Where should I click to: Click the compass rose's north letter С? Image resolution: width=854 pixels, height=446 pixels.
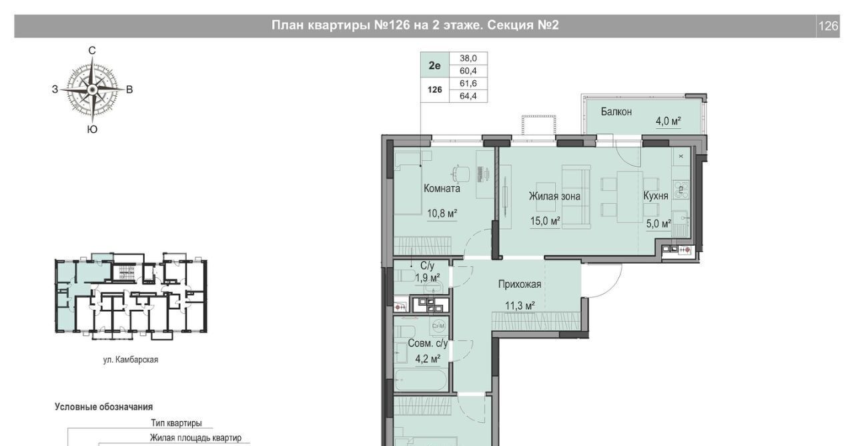(x=92, y=50)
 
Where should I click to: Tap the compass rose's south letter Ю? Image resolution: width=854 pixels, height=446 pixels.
(x=92, y=130)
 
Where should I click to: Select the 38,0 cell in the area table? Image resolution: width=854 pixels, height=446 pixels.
(x=468, y=58)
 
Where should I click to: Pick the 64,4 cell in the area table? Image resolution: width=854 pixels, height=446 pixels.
(x=468, y=96)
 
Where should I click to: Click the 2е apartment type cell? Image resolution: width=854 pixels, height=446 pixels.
(x=434, y=65)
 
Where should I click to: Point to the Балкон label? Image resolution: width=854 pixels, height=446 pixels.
(x=616, y=111)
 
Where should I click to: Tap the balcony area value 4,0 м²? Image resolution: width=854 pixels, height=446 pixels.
(x=669, y=122)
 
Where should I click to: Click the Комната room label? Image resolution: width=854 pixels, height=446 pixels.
(x=442, y=188)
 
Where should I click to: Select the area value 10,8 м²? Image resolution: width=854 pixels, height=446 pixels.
(x=442, y=213)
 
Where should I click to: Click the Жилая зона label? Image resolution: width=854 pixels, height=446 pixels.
(x=554, y=196)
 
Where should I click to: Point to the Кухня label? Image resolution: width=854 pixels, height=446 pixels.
(x=656, y=196)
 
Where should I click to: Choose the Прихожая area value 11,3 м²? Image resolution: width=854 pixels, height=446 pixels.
(x=520, y=306)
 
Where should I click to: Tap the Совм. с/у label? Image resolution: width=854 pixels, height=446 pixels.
(x=428, y=343)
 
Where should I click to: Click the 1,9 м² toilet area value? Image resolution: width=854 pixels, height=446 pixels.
(x=428, y=278)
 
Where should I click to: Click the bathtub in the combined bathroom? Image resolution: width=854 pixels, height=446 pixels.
(x=421, y=380)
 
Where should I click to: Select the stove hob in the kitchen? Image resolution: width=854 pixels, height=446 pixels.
(x=681, y=190)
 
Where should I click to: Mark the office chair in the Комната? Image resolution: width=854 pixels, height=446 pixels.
(x=461, y=174)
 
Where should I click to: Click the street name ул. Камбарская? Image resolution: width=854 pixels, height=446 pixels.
(x=130, y=360)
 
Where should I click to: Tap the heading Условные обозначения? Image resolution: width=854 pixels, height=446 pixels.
(x=103, y=407)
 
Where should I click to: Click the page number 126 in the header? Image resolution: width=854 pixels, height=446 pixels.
(x=828, y=26)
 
